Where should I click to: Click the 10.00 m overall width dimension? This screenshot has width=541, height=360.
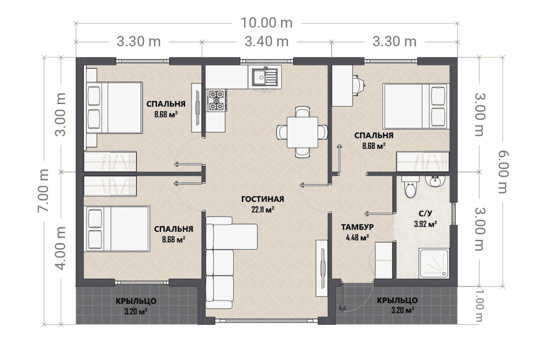(x=266, y=23)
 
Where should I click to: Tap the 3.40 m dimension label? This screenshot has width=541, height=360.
(x=266, y=42)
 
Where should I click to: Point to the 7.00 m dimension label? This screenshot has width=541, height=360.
(x=44, y=191)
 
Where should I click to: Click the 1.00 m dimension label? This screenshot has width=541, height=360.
(x=479, y=305)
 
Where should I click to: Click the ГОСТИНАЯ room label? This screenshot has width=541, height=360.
(x=262, y=199)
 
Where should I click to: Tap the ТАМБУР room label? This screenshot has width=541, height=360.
(x=358, y=227)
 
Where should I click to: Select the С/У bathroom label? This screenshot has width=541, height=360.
(x=425, y=214)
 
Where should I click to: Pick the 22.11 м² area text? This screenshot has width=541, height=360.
(x=263, y=209)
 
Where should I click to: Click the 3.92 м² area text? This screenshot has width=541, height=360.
(x=425, y=224)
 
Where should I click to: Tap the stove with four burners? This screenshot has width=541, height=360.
(x=216, y=100)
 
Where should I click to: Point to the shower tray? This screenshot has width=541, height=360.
(x=434, y=263)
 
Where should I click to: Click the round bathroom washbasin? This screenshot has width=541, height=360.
(x=435, y=181)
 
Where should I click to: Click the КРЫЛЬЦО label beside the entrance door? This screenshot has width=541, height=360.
(x=397, y=300)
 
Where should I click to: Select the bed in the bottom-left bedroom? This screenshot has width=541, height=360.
(x=117, y=229)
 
